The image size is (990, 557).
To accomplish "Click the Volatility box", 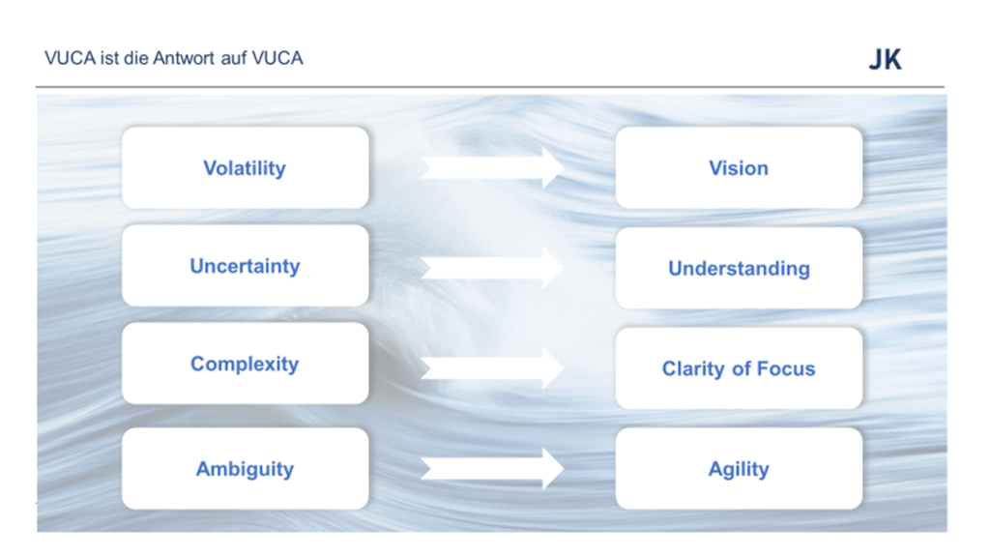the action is point(245,168).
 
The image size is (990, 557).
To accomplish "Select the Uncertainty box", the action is point(245,266).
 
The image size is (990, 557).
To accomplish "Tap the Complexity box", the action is point(245,364).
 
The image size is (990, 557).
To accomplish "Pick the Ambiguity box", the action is point(245,469).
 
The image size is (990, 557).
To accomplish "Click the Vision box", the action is point(739,168).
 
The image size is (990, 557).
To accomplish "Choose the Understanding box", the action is point(739,269).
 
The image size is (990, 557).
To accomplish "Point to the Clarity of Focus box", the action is point(739,368).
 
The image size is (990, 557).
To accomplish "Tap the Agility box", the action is point(739,469).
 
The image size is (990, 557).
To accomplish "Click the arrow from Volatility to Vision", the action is point(492,168).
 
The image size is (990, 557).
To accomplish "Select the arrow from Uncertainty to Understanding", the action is point(492,269).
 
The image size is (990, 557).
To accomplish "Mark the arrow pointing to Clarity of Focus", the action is point(492,368).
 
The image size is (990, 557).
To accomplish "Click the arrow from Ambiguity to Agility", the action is point(492,469).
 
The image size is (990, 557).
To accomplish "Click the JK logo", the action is point(886,59).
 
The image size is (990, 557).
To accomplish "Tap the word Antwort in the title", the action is point(184,58).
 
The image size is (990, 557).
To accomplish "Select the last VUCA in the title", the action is point(277,58).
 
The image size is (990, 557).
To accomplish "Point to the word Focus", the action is point(786,368).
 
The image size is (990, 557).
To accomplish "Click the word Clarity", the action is point(693,368).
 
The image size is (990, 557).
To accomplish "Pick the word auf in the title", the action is point(234,58).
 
